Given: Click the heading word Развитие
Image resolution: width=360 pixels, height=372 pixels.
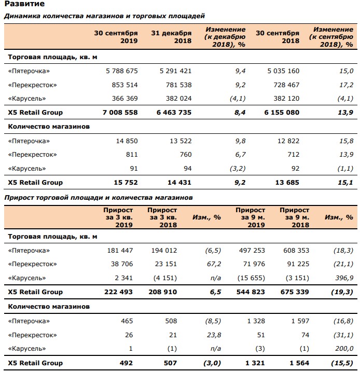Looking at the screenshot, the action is pyautogui.click(x=24, y=4).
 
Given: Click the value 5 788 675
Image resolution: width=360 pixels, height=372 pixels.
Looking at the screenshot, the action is pyautogui.click(x=122, y=71).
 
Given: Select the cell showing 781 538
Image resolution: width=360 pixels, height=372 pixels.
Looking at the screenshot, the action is pyautogui.click(x=178, y=85).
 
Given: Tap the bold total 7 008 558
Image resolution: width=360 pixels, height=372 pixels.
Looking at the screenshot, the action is pyautogui.click(x=120, y=113).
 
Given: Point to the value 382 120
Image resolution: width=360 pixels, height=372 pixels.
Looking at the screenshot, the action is pyautogui.click(x=286, y=99).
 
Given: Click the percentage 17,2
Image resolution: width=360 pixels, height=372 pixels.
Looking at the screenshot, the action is pyautogui.click(x=346, y=85).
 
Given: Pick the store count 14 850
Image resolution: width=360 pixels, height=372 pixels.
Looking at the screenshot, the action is pyautogui.click(x=127, y=141).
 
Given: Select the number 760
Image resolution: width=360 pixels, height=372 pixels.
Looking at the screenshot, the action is pyautogui.click(x=186, y=155).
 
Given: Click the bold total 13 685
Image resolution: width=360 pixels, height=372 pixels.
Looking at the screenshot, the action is pyautogui.click(x=287, y=183).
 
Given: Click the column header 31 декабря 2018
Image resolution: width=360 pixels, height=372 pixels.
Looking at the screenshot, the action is pyautogui.click(x=171, y=37).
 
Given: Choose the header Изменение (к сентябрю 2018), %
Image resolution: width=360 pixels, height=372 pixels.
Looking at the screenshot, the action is pyautogui.click(x=331, y=37).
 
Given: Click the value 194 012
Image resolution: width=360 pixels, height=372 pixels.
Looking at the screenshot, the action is pyautogui.click(x=164, y=251).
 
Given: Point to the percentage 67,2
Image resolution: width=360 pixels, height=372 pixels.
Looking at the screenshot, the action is pyautogui.click(x=214, y=264).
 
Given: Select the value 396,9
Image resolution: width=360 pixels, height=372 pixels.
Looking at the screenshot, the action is pyautogui.click(x=344, y=278).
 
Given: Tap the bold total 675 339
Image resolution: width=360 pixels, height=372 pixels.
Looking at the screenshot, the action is pyautogui.click(x=295, y=292).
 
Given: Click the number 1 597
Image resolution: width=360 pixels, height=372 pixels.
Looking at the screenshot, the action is pyautogui.click(x=300, y=321).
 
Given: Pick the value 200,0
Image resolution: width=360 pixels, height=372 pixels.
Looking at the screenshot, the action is pyautogui.click(x=344, y=349).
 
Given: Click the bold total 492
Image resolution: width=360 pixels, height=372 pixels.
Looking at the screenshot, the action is pyautogui.click(x=126, y=363).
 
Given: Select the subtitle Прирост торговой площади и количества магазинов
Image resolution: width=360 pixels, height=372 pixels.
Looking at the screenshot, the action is pyautogui.click(x=99, y=198).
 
